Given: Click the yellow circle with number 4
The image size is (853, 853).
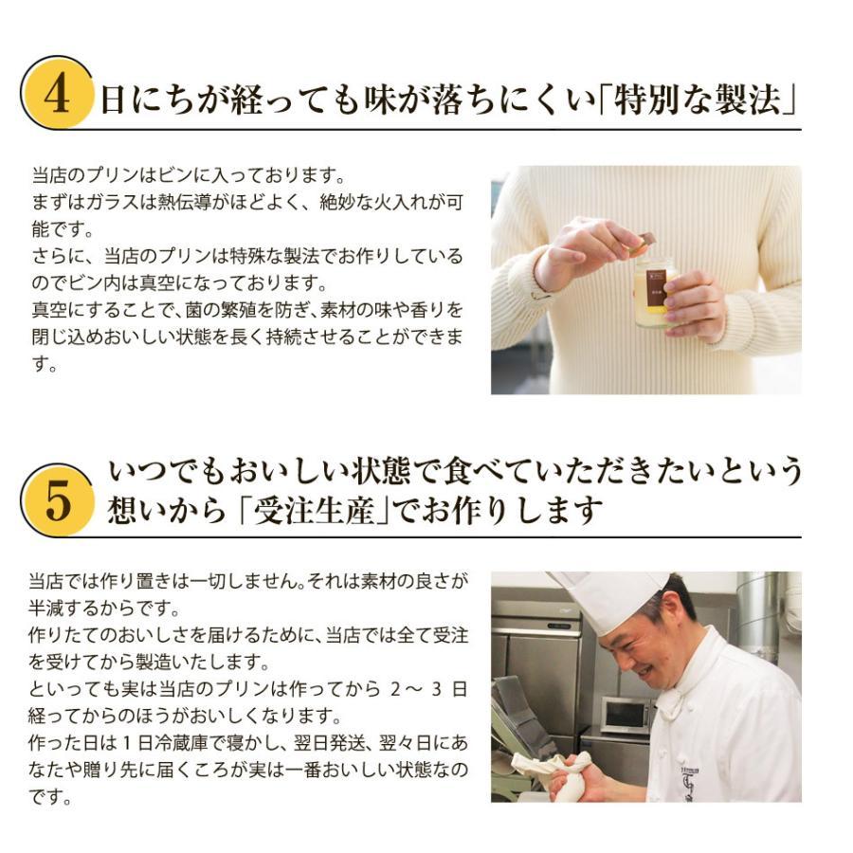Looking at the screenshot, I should tap(58, 95).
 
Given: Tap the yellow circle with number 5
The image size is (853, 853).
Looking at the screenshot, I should tap(58, 500).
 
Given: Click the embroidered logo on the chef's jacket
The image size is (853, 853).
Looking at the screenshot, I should tap(689, 783).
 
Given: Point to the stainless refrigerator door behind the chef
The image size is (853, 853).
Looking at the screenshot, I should tap(535, 663).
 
